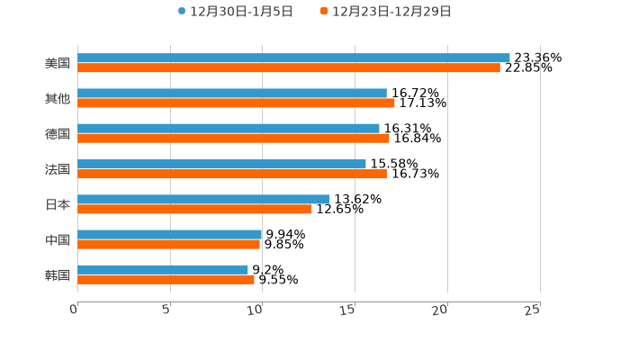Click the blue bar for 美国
pos(293,58)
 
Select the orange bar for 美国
pos(289,67)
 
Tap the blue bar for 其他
pos(232,93)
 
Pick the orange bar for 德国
pos(233,138)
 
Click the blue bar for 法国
pos(221,164)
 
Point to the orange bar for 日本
pos(194,209)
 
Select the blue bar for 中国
pos(170,234)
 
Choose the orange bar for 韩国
pos(166,279)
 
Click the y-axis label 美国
pos(58,64)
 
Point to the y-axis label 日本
pos(58,204)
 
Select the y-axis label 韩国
pos(58,274)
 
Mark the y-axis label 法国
pos(58,169)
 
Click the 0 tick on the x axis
pos(75,310)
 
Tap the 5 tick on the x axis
pos(167,310)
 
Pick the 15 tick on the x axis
pos(349,310)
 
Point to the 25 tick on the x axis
pos(533,310)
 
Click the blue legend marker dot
pos(182,12)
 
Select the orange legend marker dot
pos(324,12)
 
